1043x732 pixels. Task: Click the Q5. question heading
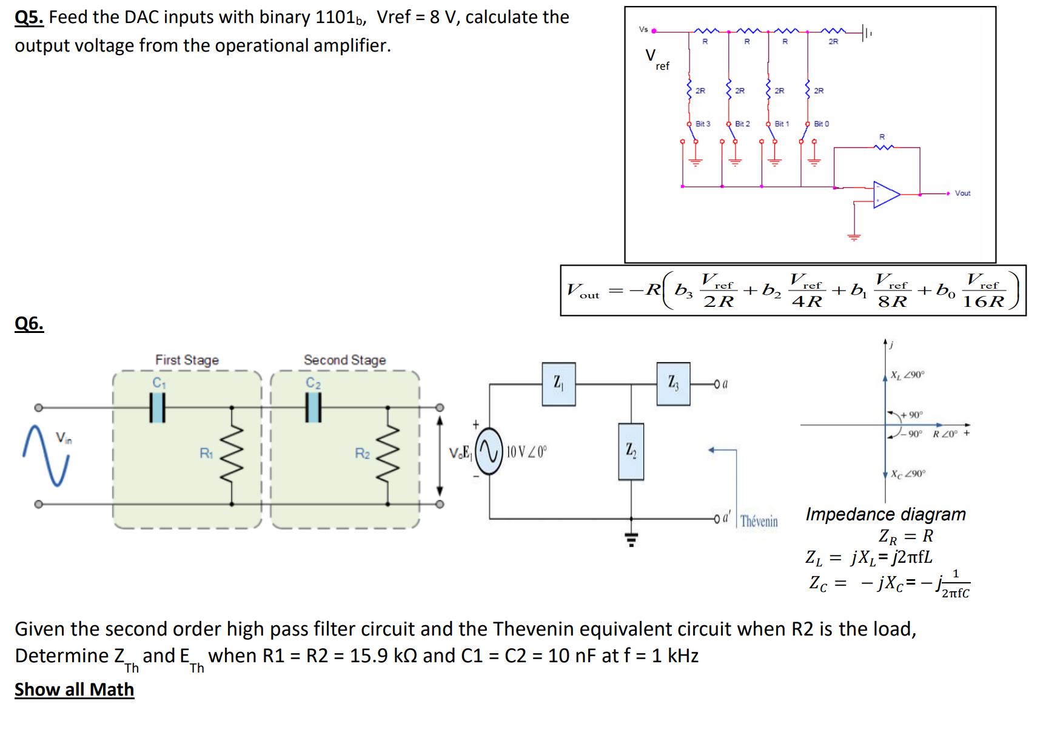pos(29,18)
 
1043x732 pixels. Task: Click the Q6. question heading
pos(29,324)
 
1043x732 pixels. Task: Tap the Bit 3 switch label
pos(703,124)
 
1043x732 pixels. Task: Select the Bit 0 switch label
pos(821,124)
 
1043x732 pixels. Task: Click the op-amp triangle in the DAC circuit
pos(885,194)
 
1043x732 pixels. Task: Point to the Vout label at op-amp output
pos(962,193)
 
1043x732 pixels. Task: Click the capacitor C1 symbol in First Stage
pos(158,407)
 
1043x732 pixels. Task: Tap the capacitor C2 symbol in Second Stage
pos(313,407)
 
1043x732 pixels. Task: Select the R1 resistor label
pos(206,453)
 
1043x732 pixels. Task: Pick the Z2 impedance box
pos(631,451)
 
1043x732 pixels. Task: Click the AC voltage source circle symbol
pos(489,451)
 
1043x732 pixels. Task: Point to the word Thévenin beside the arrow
pos(759,522)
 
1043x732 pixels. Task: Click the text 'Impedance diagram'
pos(885,514)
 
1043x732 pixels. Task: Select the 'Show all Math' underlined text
pos(74,690)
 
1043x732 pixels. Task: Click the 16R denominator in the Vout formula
pos(984,301)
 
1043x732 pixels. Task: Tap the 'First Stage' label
pos(187,360)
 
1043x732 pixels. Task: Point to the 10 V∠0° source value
pos(526,452)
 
